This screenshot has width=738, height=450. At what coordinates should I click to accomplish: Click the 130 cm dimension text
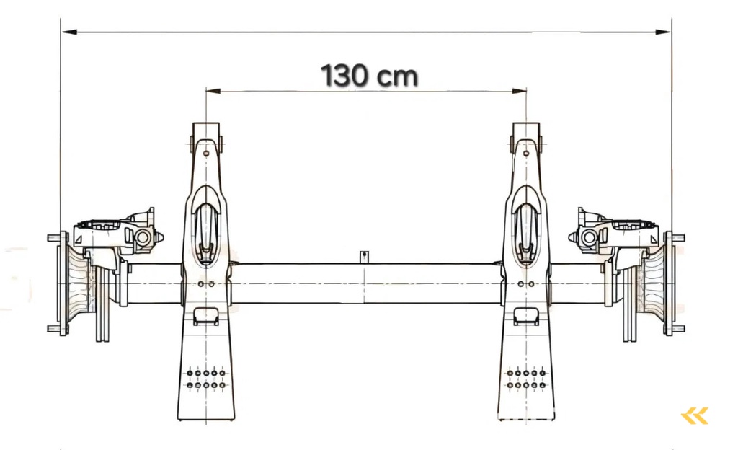pyautogui.click(x=369, y=75)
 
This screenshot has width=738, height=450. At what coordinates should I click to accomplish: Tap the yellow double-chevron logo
pyautogui.click(x=695, y=415)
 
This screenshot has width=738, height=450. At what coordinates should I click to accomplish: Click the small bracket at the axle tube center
pyautogui.click(x=365, y=257)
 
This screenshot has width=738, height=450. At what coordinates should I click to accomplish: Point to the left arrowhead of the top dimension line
pyautogui.click(x=66, y=32)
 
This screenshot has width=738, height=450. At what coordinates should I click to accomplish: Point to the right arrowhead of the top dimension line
pyautogui.click(x=667, y=32)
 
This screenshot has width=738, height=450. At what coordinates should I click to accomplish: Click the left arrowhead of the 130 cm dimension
pyautogui.click(x=210, y=91)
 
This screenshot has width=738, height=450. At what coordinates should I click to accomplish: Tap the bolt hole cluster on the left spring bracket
pyautogui.click(x=206, y=379)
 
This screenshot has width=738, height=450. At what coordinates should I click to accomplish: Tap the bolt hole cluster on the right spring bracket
pyautogui.click(x=526, y=379)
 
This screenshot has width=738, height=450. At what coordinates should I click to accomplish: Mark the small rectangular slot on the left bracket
pyautogui.click(x=206, y=315)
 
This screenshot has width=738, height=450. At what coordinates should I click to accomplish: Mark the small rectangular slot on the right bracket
pyautogui.click(x=526, y=315)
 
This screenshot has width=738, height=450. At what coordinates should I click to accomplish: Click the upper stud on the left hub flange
pyautogui.click(x=53, y=237)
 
